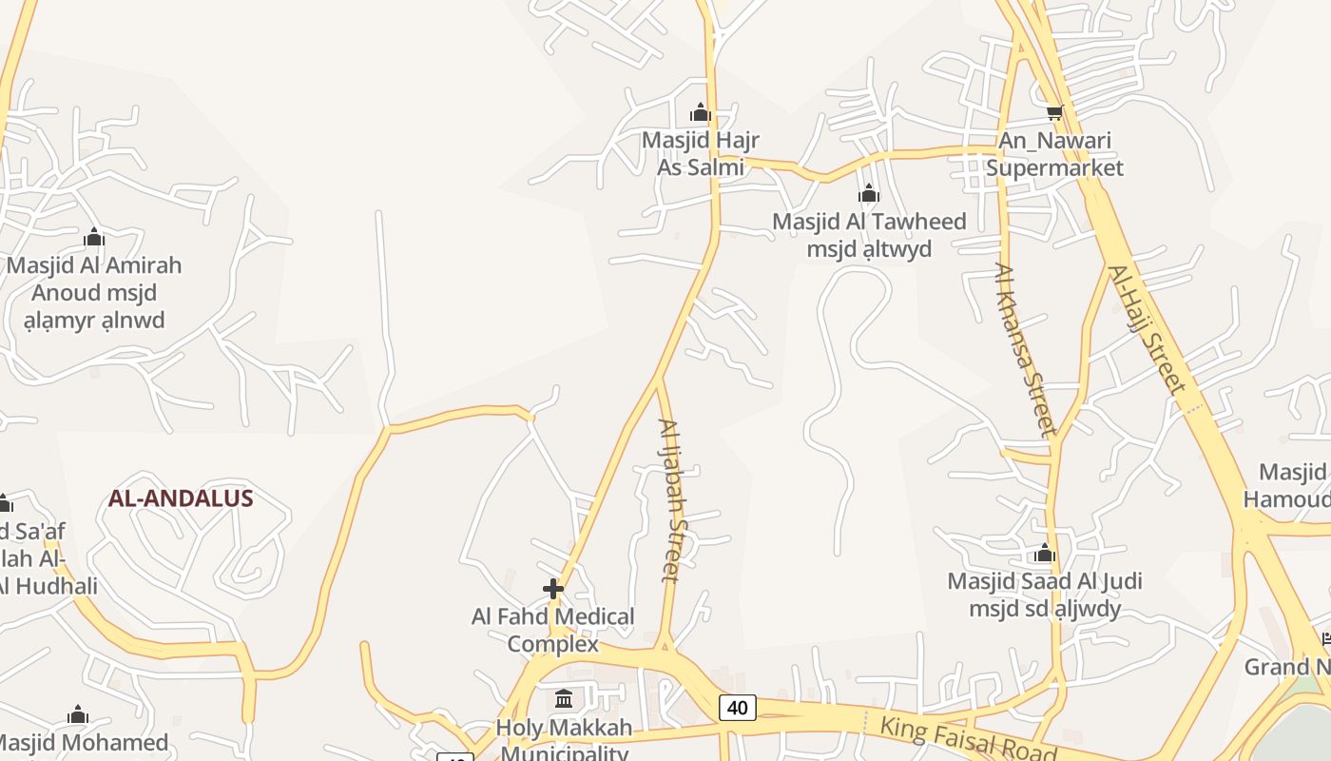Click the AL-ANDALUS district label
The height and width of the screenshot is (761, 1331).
coord(181,498)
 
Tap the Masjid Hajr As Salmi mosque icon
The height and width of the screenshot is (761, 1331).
coord(701,113)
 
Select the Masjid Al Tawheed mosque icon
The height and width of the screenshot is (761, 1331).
coord(868,195)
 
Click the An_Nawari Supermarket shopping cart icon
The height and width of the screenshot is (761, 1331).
coord(1054,113)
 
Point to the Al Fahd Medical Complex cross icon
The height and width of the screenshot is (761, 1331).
coord(553,589)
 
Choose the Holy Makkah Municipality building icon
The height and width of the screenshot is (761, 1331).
coord(564,700)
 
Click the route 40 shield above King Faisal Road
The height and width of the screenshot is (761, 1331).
coord(738,707)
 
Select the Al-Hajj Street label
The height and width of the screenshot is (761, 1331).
coord(1148,329)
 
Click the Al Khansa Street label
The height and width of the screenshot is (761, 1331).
coord(1026,349)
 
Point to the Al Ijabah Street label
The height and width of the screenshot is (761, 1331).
coord(671,499)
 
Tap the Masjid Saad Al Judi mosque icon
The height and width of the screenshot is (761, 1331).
coord(1045,554)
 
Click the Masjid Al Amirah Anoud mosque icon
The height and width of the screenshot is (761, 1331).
coord(94,237)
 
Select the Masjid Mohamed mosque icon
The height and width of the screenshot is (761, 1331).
coord(78,715)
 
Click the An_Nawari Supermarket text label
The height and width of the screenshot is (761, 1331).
coord(1054,155)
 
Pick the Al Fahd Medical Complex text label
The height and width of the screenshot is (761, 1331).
coord(553,630)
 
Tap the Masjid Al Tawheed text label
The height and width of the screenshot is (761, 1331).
coord(869,235)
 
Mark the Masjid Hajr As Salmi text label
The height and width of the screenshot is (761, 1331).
coord(701,154)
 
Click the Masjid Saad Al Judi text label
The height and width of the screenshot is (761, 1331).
coord(1045,595)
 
